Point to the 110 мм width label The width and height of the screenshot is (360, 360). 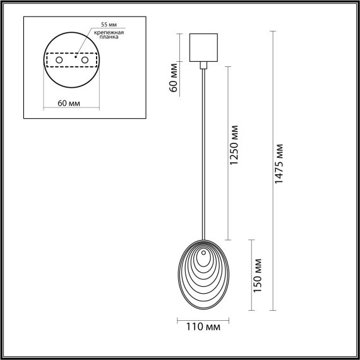(202, 327)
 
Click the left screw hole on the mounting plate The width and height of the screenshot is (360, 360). (59, 60)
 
